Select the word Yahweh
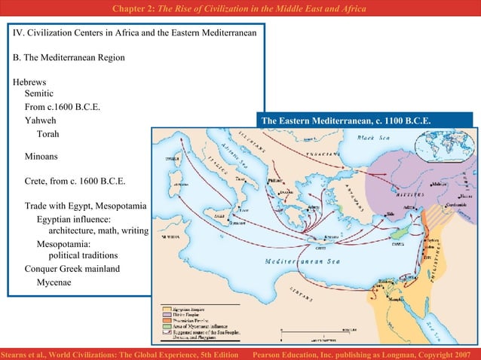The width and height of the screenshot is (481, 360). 40,120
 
